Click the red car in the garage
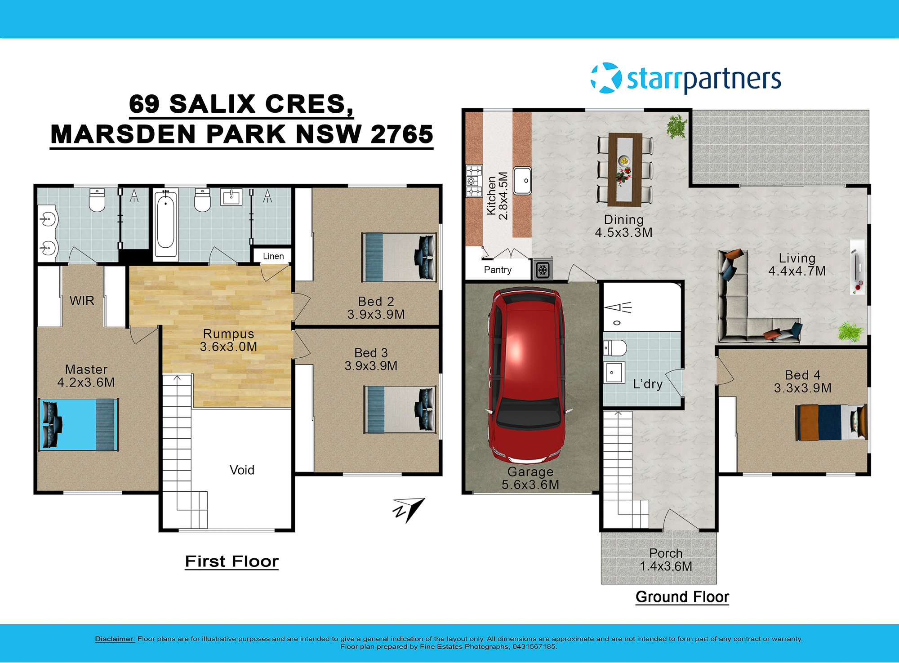pyautogui.click(x=527, y=375)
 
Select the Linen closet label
pyautogui.click(x=273, y=256)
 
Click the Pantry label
pyautogui.click(x=498, y=270)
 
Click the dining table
pyautogui.click(x=624, y=169)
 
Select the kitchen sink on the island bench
pyautogui.click(x=522, y=181)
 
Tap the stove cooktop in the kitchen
pyautogui.click(x=474, y=181)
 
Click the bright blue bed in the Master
pyautogui.click(x=79, y=425)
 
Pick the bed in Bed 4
pyautogui.click(x=831, y=423)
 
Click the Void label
pyautogui.click(x=242, y=470)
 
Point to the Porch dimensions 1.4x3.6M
pyautogui.click(x=666, y=566)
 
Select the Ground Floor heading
pyautogui.click(x=682, y=597)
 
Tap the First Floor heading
pyautogui.click(x=232, y=561)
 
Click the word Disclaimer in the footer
pyautogui.click(x=115, y=639)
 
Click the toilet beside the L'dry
pyautogui.click(x=615, y=347)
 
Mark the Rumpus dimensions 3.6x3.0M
pyautogui.click(x=228, y=347)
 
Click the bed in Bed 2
pyautogui.click(x=399, y=257)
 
